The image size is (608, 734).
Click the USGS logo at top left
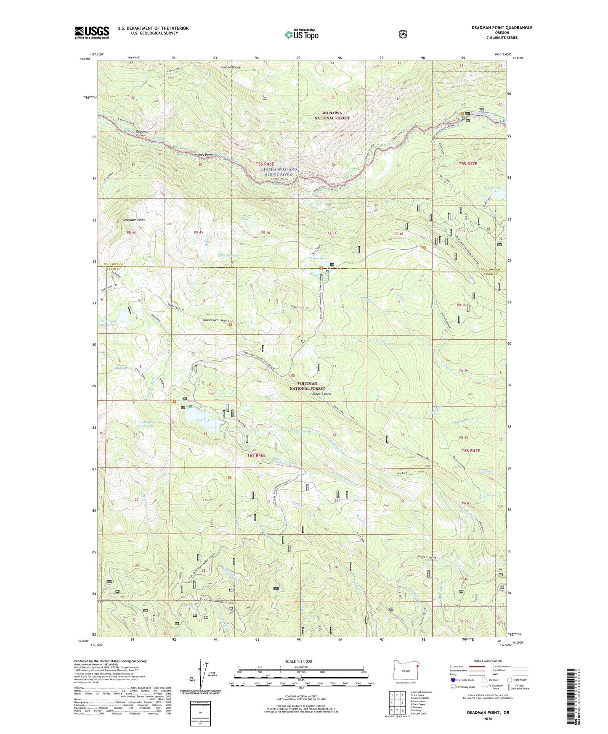point(92,32)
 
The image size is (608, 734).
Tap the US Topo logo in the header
point(301,34)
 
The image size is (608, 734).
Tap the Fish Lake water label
point(203,420)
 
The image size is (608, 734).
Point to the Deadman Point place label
point(134,220)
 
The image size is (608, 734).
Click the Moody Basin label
point(204,155)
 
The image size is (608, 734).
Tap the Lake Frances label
point(228,256)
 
